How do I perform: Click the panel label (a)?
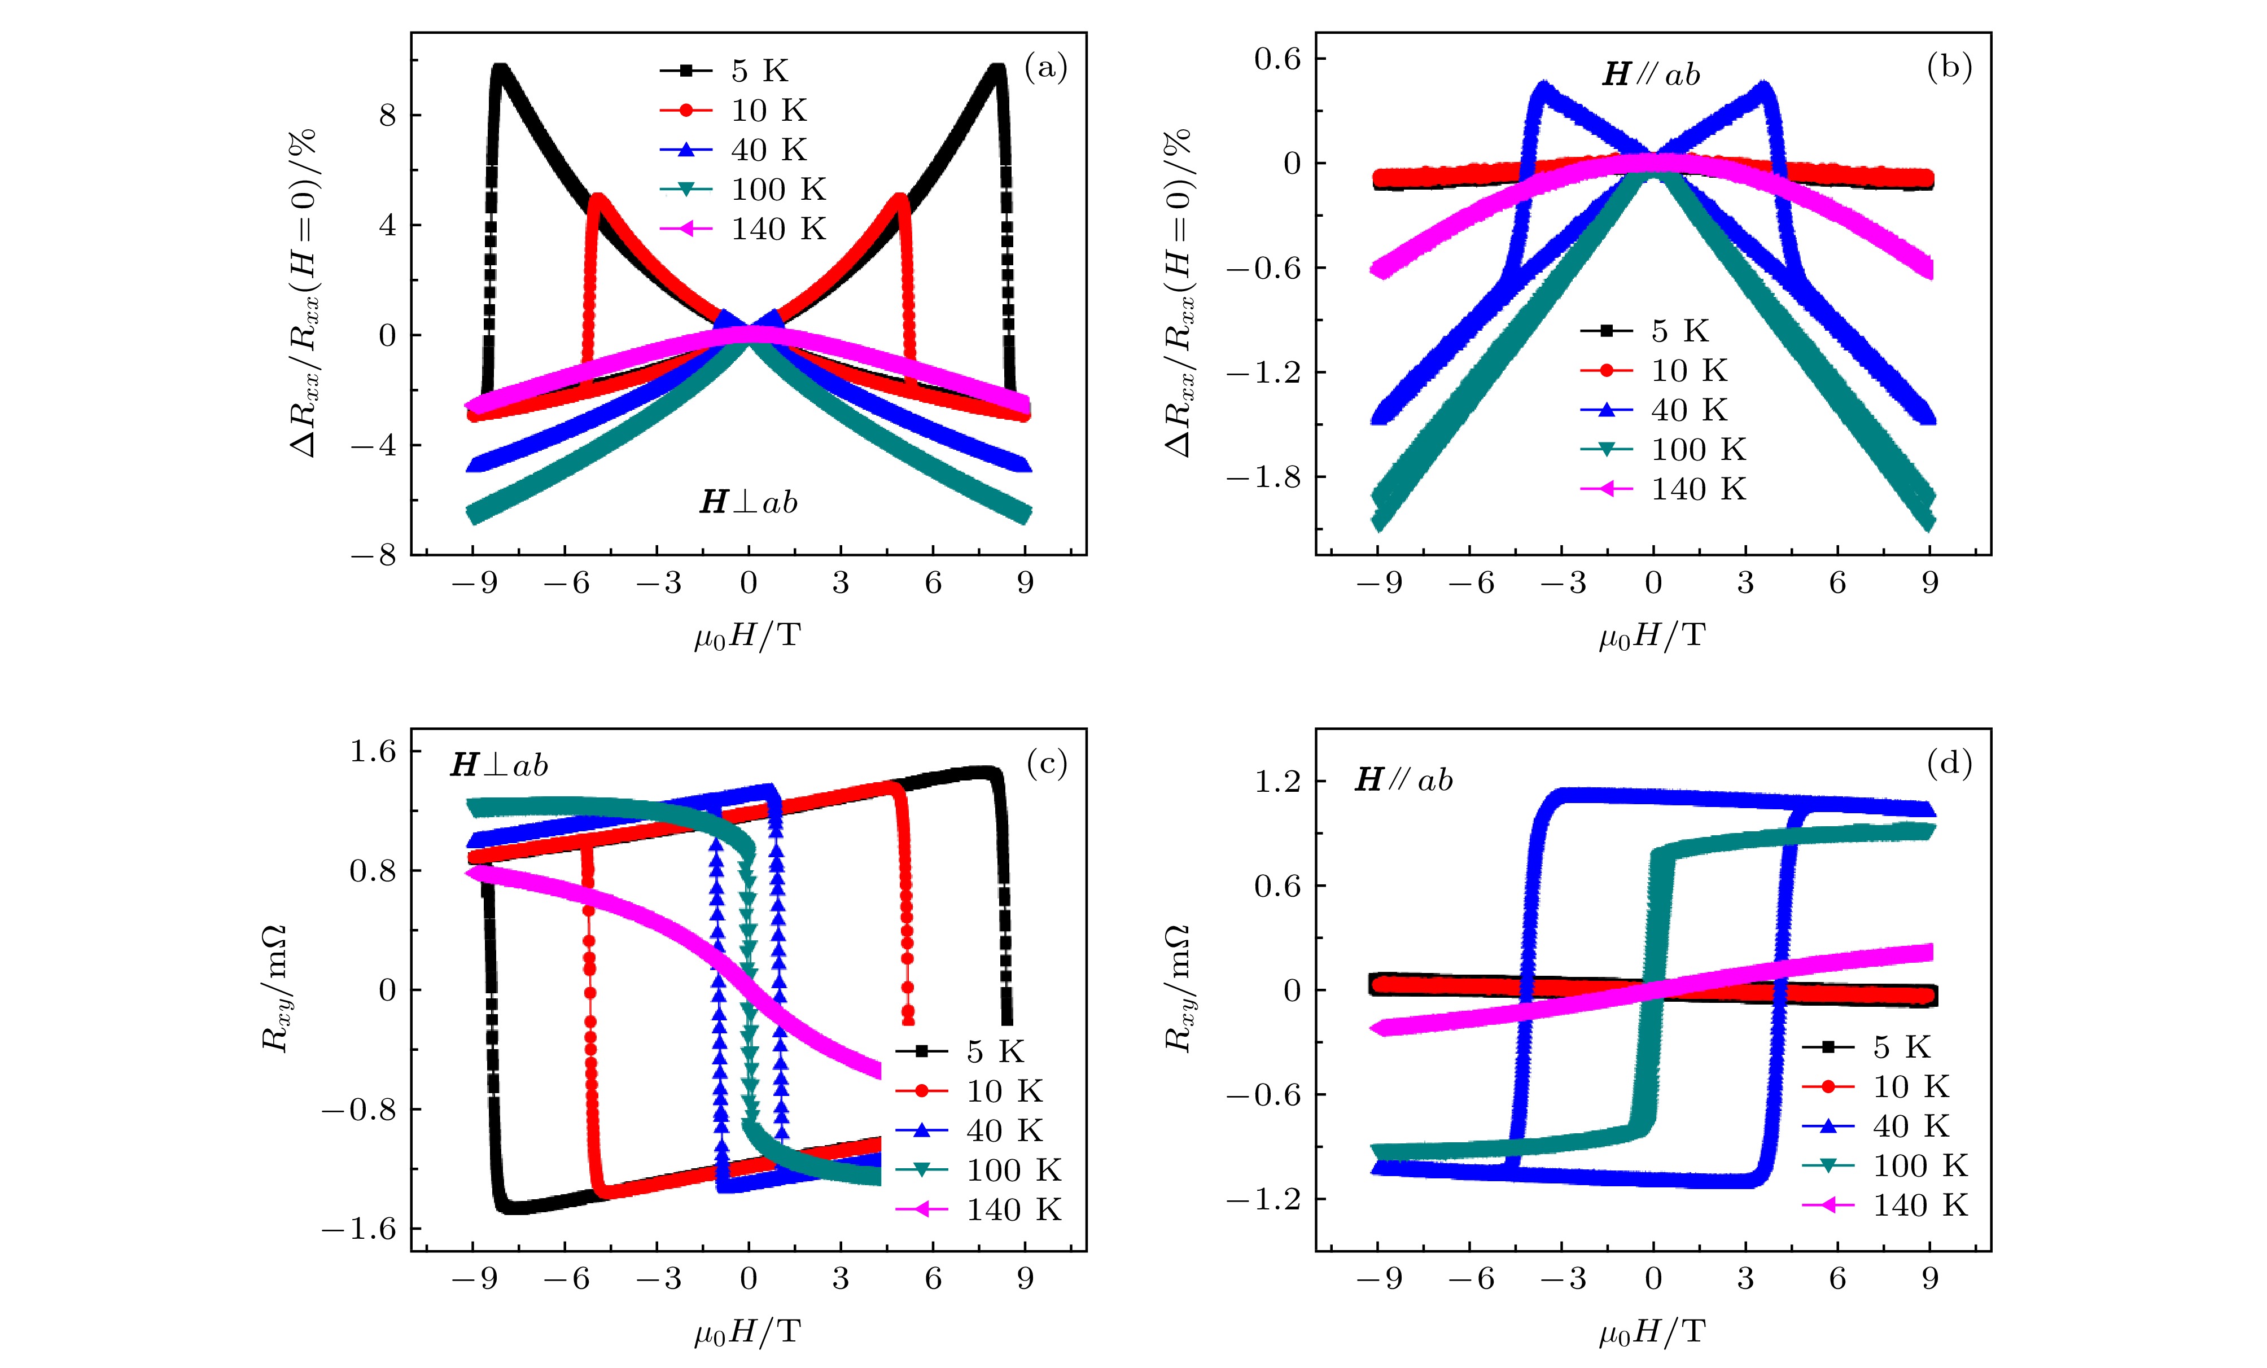[x=1046, y=68]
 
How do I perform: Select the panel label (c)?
[x=1046, y=764]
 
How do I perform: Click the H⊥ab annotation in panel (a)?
[x=748, y=502]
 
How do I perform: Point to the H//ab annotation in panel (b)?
[x=1652, y=74]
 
